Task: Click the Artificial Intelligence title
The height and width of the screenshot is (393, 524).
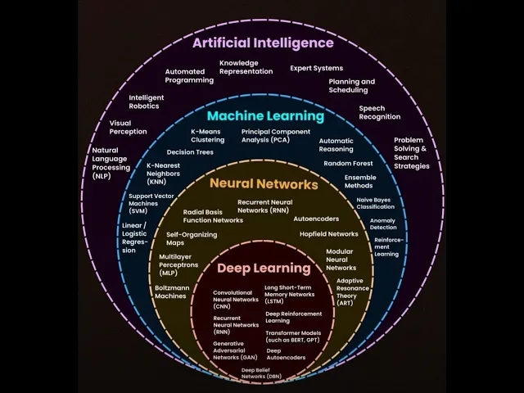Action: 263,43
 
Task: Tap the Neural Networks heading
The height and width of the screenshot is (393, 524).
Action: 264,184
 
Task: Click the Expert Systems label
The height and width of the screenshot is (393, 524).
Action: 316,68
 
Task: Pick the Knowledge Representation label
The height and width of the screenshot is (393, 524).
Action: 246,67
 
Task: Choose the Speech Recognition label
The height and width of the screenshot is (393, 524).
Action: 379,112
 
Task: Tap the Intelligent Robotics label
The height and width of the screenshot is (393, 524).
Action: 147,102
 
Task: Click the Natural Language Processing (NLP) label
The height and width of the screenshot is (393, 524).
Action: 111,163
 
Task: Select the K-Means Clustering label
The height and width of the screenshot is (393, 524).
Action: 207,135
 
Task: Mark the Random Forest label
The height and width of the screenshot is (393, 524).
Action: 347,163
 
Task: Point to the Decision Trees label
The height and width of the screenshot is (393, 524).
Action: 190,152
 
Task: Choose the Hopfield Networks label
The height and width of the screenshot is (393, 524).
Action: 328,234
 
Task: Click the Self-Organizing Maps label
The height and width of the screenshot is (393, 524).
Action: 192,238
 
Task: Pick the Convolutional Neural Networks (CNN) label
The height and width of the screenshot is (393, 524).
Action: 236,299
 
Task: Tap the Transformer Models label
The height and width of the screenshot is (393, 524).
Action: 293,337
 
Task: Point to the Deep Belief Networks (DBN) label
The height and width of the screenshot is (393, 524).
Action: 261,373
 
